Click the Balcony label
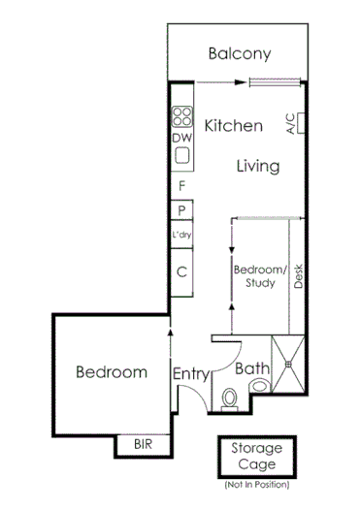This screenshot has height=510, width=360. pos(239,54)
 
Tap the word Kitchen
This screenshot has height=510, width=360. pos(233,126)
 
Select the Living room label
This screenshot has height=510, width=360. pos(258,166)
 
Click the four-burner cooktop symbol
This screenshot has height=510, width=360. pos(181,117)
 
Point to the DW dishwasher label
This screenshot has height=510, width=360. pos(181,138)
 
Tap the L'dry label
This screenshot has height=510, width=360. pos(181,236)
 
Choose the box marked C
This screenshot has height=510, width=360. pos(181,271)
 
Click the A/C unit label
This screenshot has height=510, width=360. pos(290,123)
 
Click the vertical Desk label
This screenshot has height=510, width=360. pos(299,276)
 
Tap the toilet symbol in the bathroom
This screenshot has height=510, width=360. pos(230,397)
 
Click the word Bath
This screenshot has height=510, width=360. pos(251,368)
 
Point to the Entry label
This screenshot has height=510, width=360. pos(191,373)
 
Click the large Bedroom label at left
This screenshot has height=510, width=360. pos(112,371)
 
